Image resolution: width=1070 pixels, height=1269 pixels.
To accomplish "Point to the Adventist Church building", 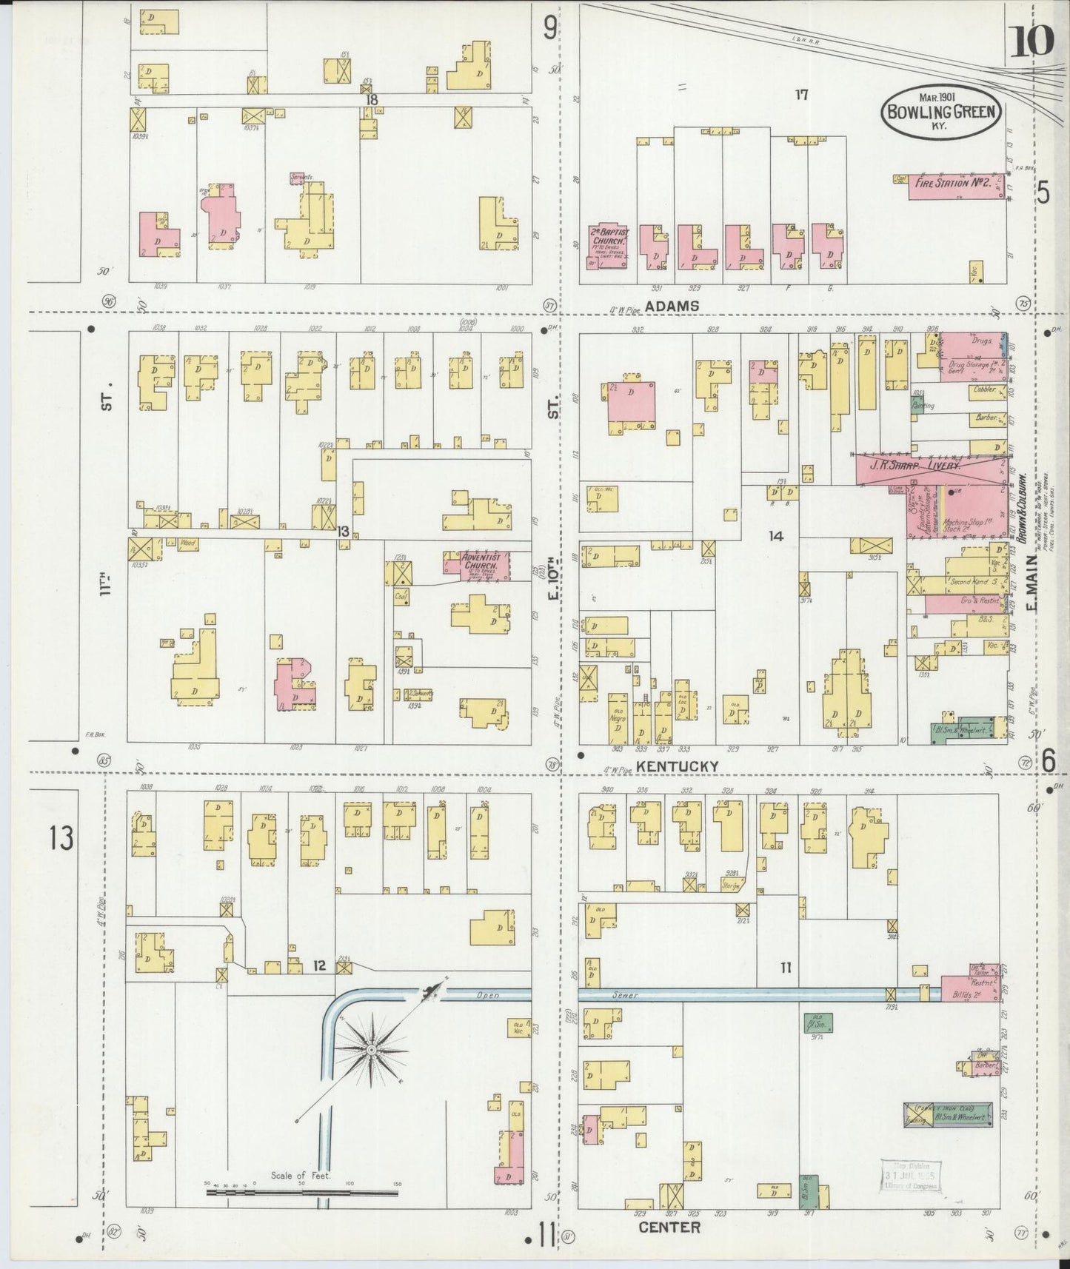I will click(x=478, y=565).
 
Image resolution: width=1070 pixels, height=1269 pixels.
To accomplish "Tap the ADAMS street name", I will click(x=672, y=306).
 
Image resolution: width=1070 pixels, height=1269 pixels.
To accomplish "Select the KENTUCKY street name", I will click(x=678, y=766).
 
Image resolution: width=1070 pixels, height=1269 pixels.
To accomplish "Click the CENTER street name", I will click(x=669, y=1227).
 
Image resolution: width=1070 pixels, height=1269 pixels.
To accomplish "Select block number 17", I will click(x=801, y=95).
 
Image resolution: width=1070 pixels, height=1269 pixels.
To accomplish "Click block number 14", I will click(x=775, y=535).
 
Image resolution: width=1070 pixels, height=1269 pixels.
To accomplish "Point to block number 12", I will click(x=319, y=965).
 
